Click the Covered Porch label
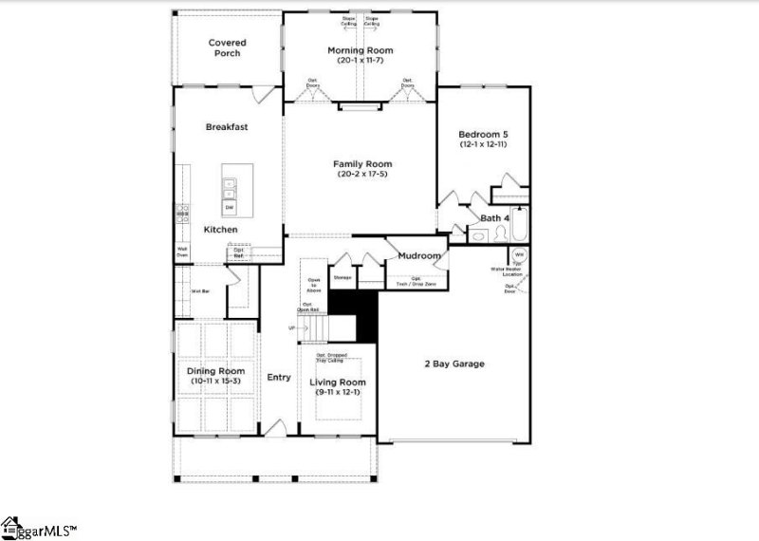pyautogui.click(x=227, y=47)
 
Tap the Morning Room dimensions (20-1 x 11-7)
pyautogui.click(x=360, y=61)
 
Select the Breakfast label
pyautogui.click(x=227, y=126)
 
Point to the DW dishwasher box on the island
pyautogui.click(x=230, y=207)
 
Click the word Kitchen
pyautogui.click(x=220, y=230)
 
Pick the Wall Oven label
pyautogui.click(x=181, y=252)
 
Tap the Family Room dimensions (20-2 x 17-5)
pyautogui.click(x=360, y=174)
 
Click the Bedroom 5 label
pyautogui.click(x=483, y=134)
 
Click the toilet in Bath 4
pyautogui.click(x=501, y=237)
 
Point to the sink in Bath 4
pyautogui.click(x=478, y=238)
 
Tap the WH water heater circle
pyautogui.click(x=519, y=256)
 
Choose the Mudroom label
pyautogui.click(x=418, y=256)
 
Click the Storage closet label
pyautogui.click(x=342, y=278)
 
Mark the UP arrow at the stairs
pyautogui.click(x=292, y=328)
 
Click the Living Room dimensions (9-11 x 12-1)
pyautogui.click(x=338, y=393)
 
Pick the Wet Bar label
pyautogui.click(x=200, y=291)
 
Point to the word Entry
pyautogui.click(x=278, y=378)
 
